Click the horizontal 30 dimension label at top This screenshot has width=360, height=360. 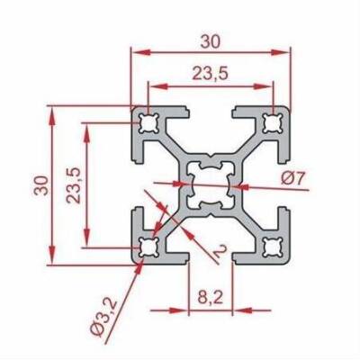click(x=211, y=41)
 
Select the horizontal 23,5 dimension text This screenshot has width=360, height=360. click(x=211, y=74)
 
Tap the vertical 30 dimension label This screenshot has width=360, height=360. click(x=41, y=185)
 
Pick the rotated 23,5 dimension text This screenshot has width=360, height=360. click(x=74, y=185)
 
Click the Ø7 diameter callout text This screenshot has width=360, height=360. click(x=293, y=179)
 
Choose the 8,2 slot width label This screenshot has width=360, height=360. click(x=211, y=298)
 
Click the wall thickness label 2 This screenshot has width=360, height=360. click(x=220, y=251)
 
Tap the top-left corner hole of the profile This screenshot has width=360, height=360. click(x=148, y=123)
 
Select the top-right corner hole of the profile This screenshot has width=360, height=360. click(x=273, y=123)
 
